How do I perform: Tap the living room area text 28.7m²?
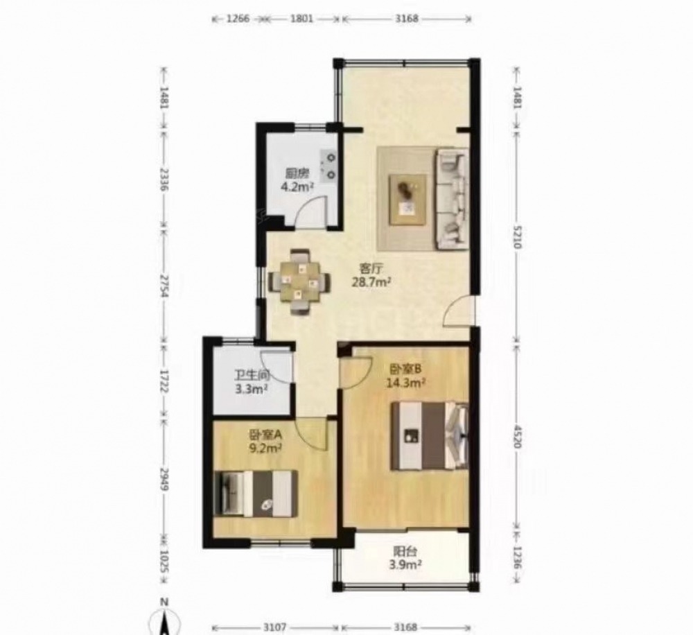tap(371, 281)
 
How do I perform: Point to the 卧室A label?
tap(265, 435)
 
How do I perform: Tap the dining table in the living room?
tap(299, 281)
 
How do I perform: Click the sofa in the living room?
tap(452, 198)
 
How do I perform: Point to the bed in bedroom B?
tap(429, 435)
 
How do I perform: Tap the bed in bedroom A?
tap(255, 494)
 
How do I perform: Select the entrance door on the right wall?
tap(458, 311)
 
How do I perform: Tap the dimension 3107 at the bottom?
tap(276, 627)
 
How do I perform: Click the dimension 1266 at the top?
tap(238, 19)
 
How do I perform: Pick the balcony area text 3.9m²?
tap(405, 564)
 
